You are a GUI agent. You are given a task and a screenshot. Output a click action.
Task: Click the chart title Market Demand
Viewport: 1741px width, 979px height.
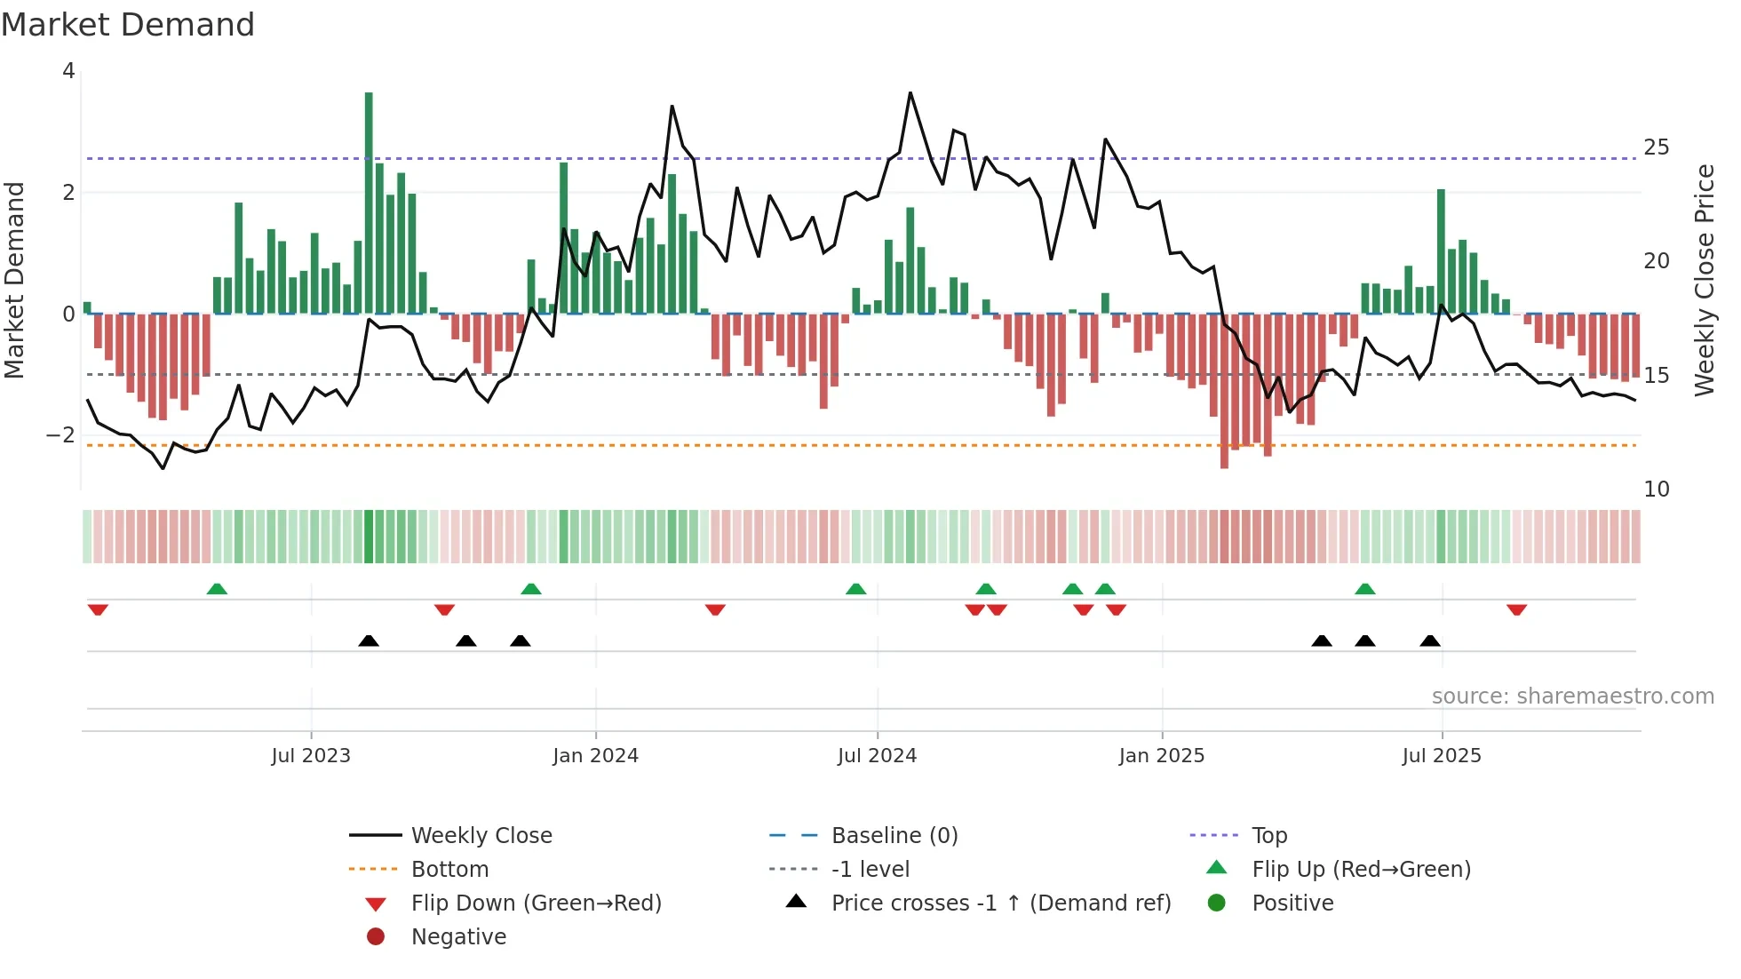pos(128,25)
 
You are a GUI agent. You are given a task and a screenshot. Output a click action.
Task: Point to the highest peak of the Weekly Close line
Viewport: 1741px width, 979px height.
pos(910,93)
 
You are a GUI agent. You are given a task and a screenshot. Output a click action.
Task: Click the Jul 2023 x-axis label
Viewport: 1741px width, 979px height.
pos(311,756)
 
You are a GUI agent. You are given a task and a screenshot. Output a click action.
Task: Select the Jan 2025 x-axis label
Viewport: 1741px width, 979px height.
pos(1161,756)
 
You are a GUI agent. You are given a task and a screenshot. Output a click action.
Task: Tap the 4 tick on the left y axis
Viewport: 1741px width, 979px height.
pos(68,71)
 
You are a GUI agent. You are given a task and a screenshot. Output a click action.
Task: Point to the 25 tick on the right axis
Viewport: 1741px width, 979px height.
pos(1656,147)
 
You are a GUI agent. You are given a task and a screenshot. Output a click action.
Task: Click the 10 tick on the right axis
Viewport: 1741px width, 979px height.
pos(1656,489)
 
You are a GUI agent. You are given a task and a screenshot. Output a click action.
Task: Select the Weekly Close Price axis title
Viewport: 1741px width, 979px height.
pos(1704,280)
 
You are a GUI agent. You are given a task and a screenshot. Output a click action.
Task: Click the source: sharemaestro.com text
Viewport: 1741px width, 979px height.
pos(1572,696)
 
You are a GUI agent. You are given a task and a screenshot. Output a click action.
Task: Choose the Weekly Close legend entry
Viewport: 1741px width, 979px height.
pos(481,836)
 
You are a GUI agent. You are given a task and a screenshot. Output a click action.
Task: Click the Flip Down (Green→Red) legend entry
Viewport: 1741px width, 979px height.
pos(536,903)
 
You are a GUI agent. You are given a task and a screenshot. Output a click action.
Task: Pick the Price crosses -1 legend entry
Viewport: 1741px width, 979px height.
pos(1000,903)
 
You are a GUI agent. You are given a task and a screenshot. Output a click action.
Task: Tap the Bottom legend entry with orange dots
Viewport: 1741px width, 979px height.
pos(449,870)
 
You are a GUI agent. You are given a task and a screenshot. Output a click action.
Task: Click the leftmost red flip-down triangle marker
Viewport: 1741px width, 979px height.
pos(98,609)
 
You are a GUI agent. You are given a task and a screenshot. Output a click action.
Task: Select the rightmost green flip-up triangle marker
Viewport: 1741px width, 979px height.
pos(1365,589)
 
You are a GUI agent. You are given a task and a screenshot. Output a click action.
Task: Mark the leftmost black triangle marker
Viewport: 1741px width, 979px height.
pos(369,641)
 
